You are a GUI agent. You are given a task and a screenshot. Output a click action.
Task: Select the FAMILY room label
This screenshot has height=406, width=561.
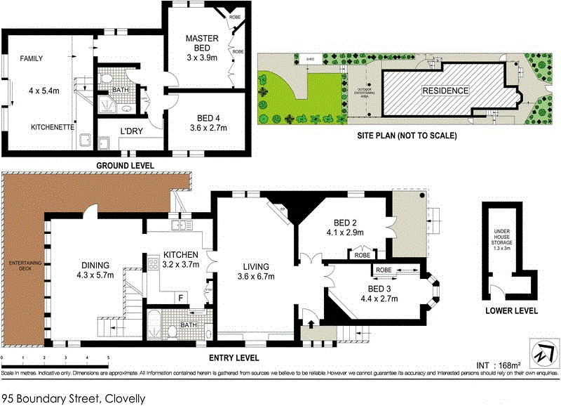32,58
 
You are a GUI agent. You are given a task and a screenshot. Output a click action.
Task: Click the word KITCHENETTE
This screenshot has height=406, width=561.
53,127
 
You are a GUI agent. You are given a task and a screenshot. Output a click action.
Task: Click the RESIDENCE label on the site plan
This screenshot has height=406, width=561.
444,91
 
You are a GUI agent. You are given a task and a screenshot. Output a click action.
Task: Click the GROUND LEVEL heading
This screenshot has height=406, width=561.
125,166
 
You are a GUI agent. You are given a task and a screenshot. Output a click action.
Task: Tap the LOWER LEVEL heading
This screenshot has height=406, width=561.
511,310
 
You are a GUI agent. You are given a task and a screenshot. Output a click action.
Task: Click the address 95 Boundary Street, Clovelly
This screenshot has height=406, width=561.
74,398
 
